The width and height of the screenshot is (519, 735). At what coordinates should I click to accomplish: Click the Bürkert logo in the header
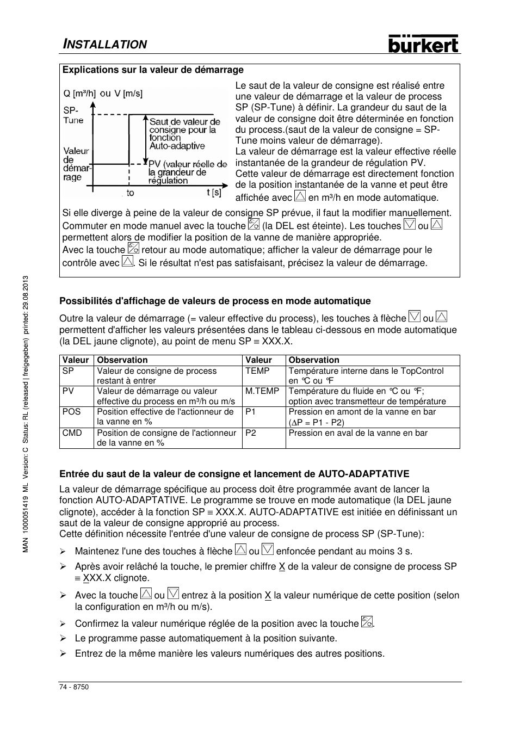tap(423, 44)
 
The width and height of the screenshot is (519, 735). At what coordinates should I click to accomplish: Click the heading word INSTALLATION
tap(104, 45)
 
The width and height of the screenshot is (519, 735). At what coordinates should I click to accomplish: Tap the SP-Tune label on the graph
tap(73, 115)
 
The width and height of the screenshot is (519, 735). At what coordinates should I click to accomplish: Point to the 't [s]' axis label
tap(214, 192)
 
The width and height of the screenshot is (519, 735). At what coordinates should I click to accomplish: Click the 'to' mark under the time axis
tap(130, 193)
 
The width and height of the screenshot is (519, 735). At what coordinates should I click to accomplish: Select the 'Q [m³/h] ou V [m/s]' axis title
tap(103, 94)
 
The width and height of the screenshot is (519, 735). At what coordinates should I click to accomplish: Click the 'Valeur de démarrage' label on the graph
tap(76, 164)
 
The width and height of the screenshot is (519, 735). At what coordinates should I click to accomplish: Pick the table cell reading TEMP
tap(257, 371)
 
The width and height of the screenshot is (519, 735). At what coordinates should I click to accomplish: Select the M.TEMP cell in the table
tap(262, 391)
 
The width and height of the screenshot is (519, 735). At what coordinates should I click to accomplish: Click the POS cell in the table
tap(71, 412)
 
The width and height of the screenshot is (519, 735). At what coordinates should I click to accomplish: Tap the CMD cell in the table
tap(72, 433)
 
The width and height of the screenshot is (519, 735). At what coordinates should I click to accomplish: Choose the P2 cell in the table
tap(251, 433)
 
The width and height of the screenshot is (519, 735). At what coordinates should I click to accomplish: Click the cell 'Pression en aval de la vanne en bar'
tap(358, 433)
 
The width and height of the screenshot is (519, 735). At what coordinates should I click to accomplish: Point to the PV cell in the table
tap(68, 391)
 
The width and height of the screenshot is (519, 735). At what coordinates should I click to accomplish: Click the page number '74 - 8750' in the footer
tap(74, 687)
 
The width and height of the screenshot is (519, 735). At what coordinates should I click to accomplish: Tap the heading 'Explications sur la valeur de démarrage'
tap(153, 70)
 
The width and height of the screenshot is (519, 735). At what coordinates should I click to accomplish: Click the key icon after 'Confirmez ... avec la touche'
tap(367, 622)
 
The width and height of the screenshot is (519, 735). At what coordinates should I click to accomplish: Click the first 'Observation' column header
tap(122, 360)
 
